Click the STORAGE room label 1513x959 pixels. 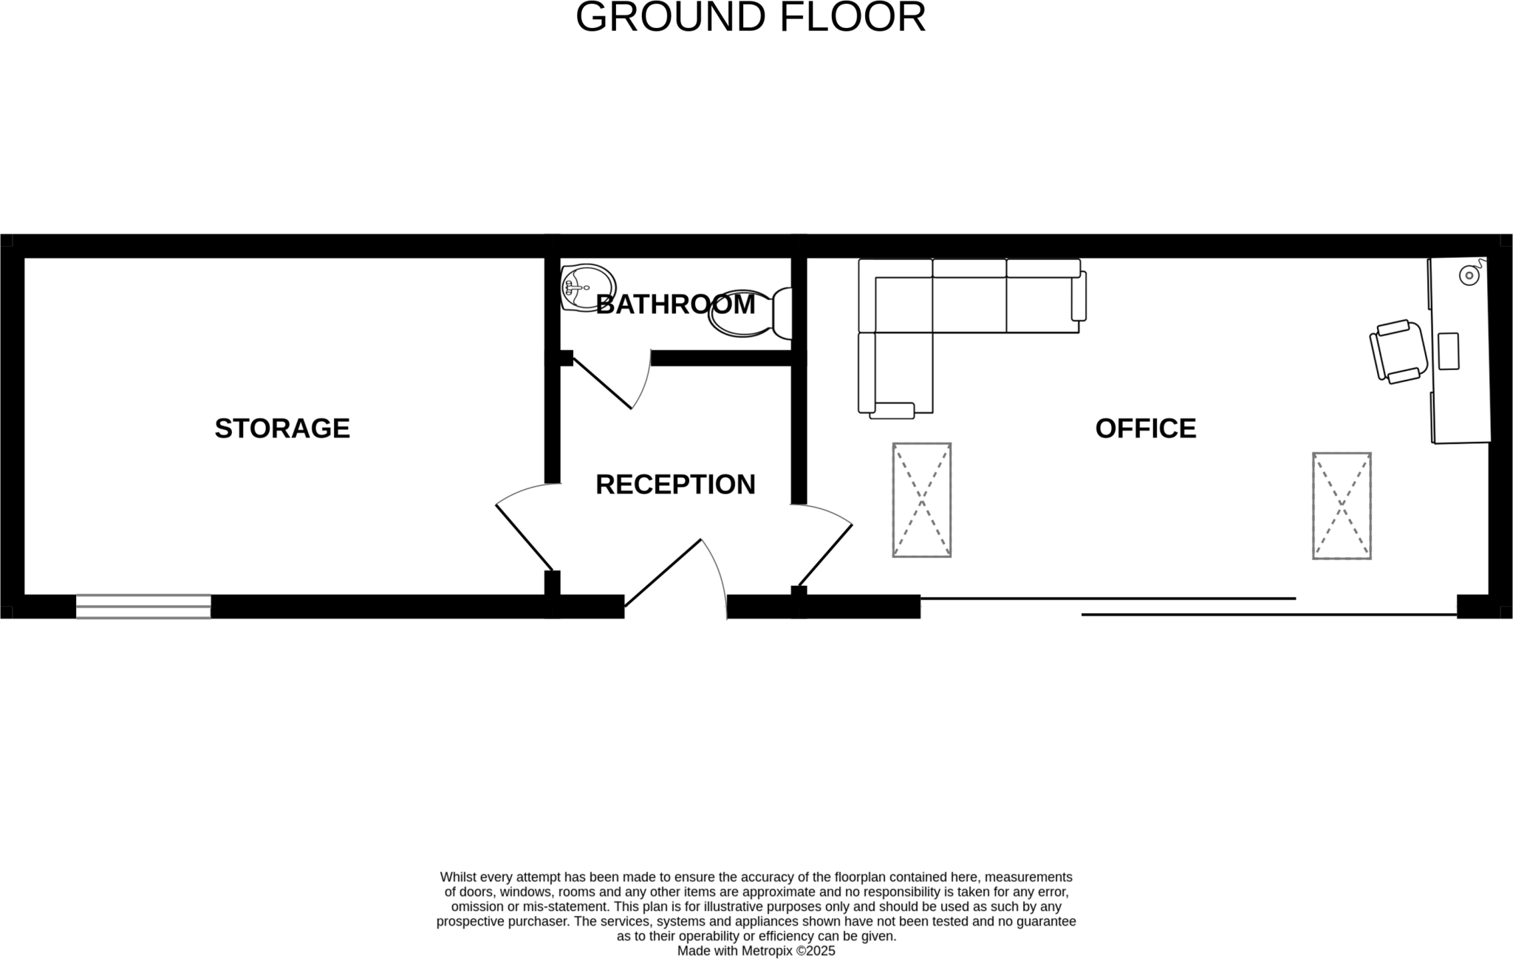point(281,429)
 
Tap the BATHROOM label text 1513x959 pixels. point(675,304)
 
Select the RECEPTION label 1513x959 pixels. point(675,485)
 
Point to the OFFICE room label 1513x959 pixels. point(1145,429)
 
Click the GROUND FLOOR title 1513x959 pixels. point(750,18)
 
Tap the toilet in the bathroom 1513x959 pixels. point(748,313)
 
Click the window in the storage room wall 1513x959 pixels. point(143,607)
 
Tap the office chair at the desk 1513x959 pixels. point(1398,352)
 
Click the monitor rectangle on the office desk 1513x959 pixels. point(1449,351)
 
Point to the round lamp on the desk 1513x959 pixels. point(1469,276)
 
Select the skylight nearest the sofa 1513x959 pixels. point(921,500)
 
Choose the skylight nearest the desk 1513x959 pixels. point(1342,506)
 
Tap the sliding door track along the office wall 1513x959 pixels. point(1182,607)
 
